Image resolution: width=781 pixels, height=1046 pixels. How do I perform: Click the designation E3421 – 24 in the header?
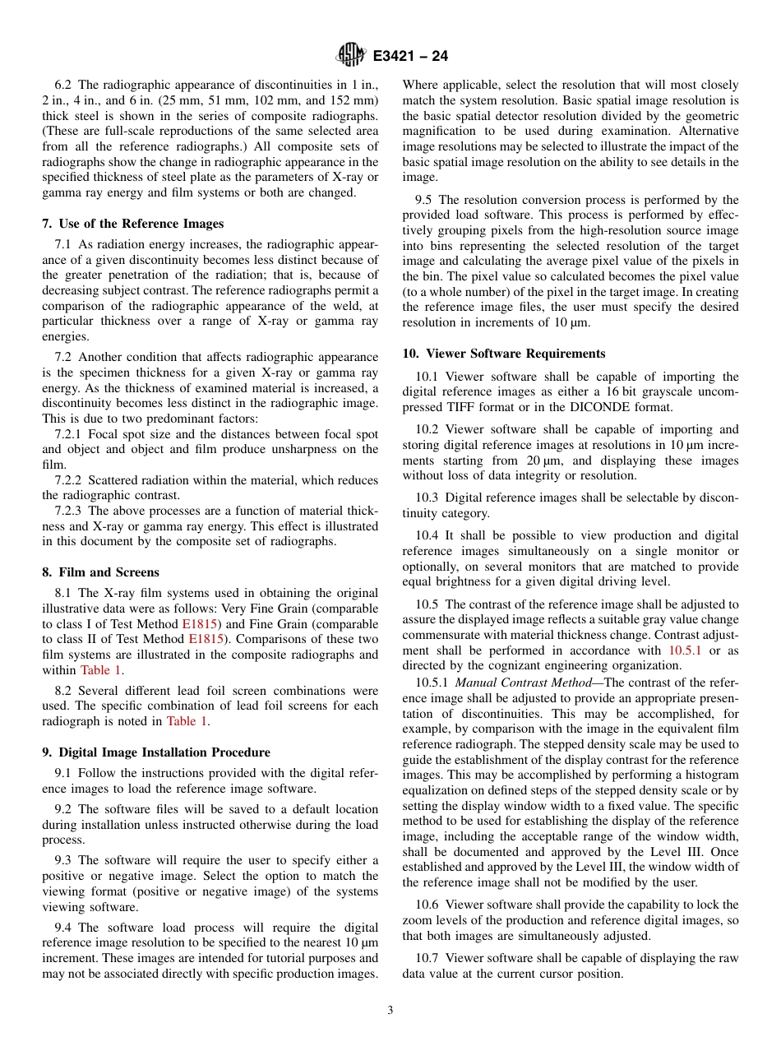[410, 57]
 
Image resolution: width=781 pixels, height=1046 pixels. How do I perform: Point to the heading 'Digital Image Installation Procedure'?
[155, 752]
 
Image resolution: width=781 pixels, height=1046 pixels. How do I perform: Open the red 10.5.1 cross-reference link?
[685, 650]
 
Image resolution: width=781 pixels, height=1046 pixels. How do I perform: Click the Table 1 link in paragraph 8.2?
[187, 721]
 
